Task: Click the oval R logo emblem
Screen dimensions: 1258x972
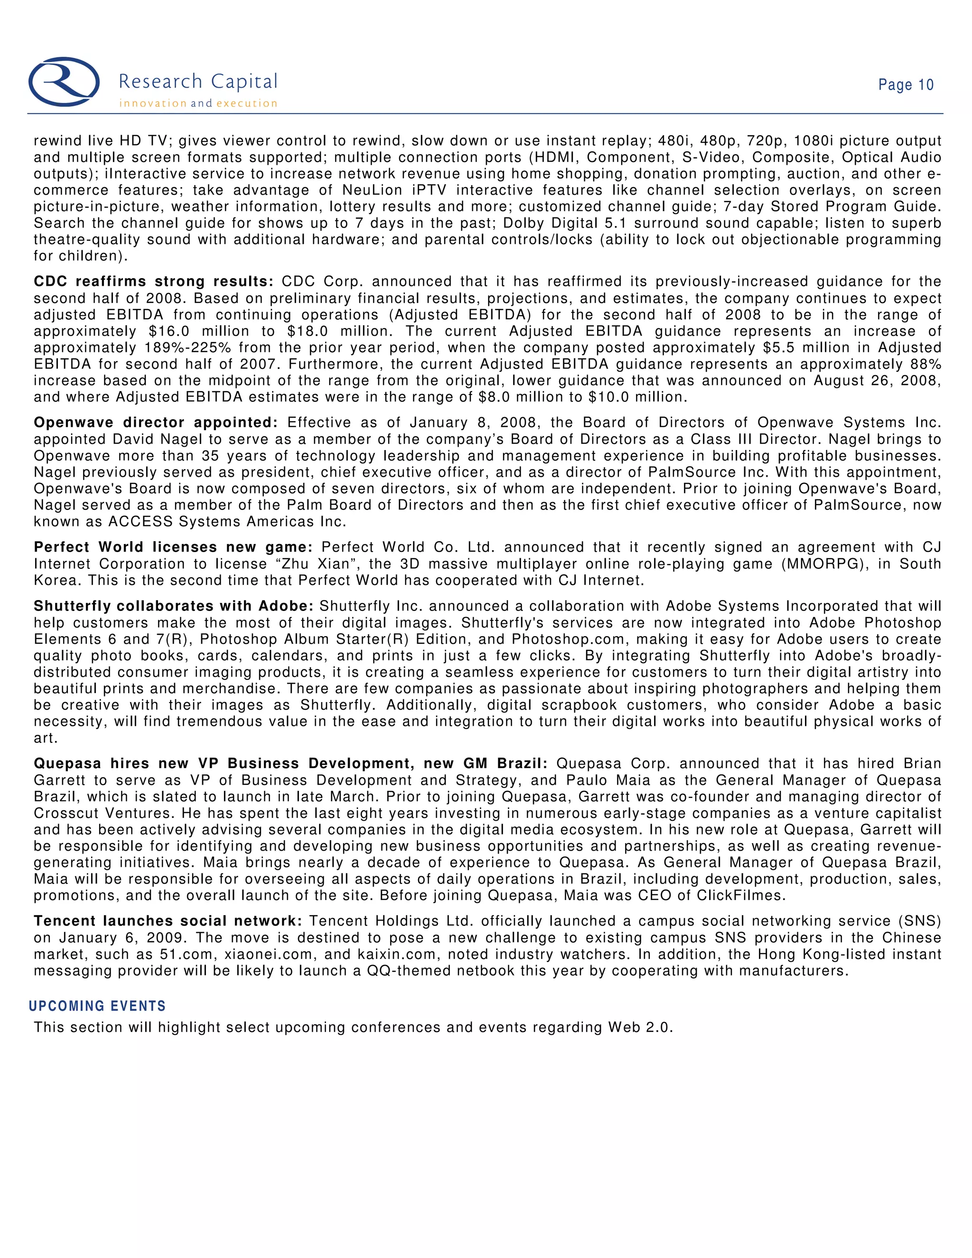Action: tap(64, 82)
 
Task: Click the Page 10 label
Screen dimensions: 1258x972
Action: tap(905, 85)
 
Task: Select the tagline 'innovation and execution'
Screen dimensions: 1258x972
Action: tap(197, 103)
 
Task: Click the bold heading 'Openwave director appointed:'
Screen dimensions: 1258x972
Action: tap(156, 423)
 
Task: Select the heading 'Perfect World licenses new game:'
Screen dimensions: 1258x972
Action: tap(173, 547)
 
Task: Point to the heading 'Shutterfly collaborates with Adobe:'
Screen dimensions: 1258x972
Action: tap(173, 607)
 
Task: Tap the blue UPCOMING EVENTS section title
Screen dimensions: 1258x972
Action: tap(97, 1006)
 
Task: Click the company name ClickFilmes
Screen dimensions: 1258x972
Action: tap(741, 896)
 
